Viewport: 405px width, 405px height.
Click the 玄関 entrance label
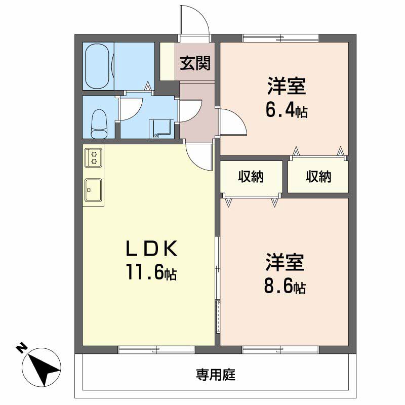[195, 63]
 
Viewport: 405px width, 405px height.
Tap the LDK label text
[151, 248]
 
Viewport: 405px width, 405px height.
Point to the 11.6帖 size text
[151, 272]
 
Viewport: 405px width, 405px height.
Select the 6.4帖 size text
[287, 110]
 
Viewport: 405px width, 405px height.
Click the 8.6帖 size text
[285, 287]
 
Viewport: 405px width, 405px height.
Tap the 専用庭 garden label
[216, 375]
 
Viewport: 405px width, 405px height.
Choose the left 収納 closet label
[251, 177]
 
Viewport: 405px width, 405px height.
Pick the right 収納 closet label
[318, 177]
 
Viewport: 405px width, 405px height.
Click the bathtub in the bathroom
[97, 66]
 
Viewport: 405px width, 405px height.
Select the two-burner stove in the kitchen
[94, 158]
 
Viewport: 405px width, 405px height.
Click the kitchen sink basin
[93, 190]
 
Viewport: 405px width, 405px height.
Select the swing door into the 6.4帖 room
[233, 122]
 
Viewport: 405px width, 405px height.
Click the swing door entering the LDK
[198, 157]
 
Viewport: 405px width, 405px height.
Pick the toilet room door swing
[131, 109]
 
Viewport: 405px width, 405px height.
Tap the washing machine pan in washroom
[161, 129]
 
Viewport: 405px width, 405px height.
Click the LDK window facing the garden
[156, 350]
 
